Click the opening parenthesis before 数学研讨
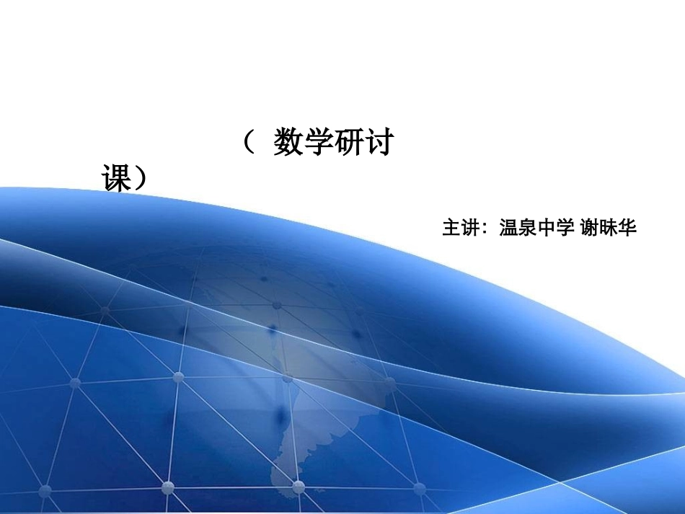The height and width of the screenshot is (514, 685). (x=249, y=143)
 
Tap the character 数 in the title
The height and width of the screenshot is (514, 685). (x=288, y=143)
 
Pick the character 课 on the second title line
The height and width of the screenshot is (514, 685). (x=116, y=179)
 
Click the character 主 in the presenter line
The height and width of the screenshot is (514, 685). (x=451, y=229)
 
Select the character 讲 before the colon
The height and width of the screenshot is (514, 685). (x=470, y=229)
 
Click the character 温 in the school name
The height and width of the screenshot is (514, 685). (x=509, y=229)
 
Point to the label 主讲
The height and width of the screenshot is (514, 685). (x=461, y=229)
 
